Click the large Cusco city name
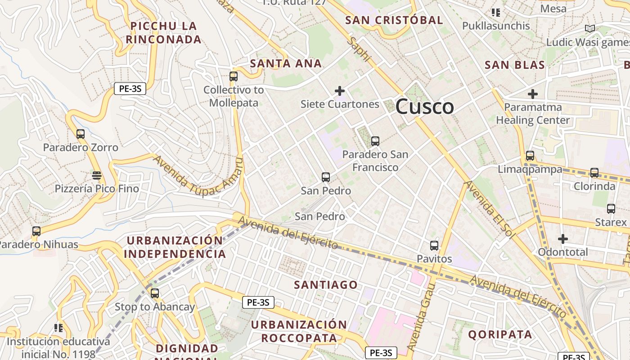[424, 107]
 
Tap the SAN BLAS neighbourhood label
[514, 65]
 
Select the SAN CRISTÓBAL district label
[394, 20]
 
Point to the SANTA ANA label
[286, 63]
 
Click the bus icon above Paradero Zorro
[81, 134]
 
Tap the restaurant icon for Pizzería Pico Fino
[97, 175]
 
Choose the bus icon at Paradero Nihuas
[36, 231]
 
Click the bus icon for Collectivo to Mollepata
[233, 76]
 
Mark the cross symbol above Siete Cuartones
[340, 91]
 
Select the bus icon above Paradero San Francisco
[375, 141]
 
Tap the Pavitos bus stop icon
[434, 246]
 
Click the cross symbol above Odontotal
[562, 238]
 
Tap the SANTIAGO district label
[326, 285]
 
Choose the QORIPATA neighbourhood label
[500, 334]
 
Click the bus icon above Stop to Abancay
[155, 293]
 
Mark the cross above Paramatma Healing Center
[533, 94]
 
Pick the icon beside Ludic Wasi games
[589, 29]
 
